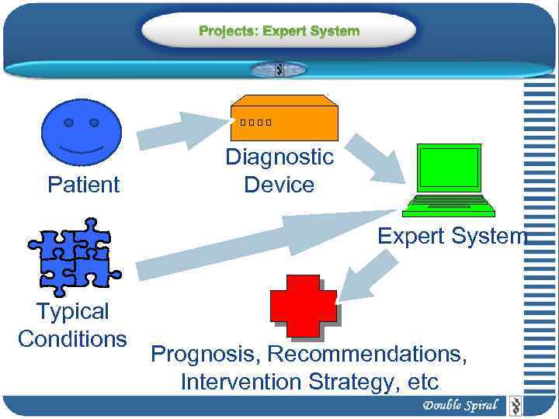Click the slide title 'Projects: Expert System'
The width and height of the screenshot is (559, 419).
click(x=279, y=32)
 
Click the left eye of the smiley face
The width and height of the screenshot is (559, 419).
click(x=69, y=123)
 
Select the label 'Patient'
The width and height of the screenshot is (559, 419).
click(x=83, y=185)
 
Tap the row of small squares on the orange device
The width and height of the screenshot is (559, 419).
click(x=256, y=123)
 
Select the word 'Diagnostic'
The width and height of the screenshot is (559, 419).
click(x=279, y=158)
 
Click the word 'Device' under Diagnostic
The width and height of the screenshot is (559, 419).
click(x=279, y=185)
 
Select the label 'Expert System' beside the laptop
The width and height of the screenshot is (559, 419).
click(x=452, y=236)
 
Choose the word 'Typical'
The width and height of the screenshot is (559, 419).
click(x=72, y=312)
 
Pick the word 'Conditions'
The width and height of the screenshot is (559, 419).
click(x=72, y=339)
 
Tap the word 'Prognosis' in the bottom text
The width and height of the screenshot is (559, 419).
click(x=205, y=355)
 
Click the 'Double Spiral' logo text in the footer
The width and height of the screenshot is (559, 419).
click(x=460, y=405)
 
